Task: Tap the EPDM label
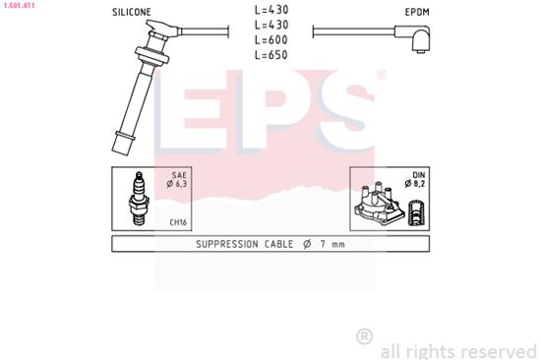pos(418,13)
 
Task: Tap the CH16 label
pos(178,221)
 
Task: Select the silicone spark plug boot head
pos(155,43)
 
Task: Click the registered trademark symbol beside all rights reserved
pos(364,337)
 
